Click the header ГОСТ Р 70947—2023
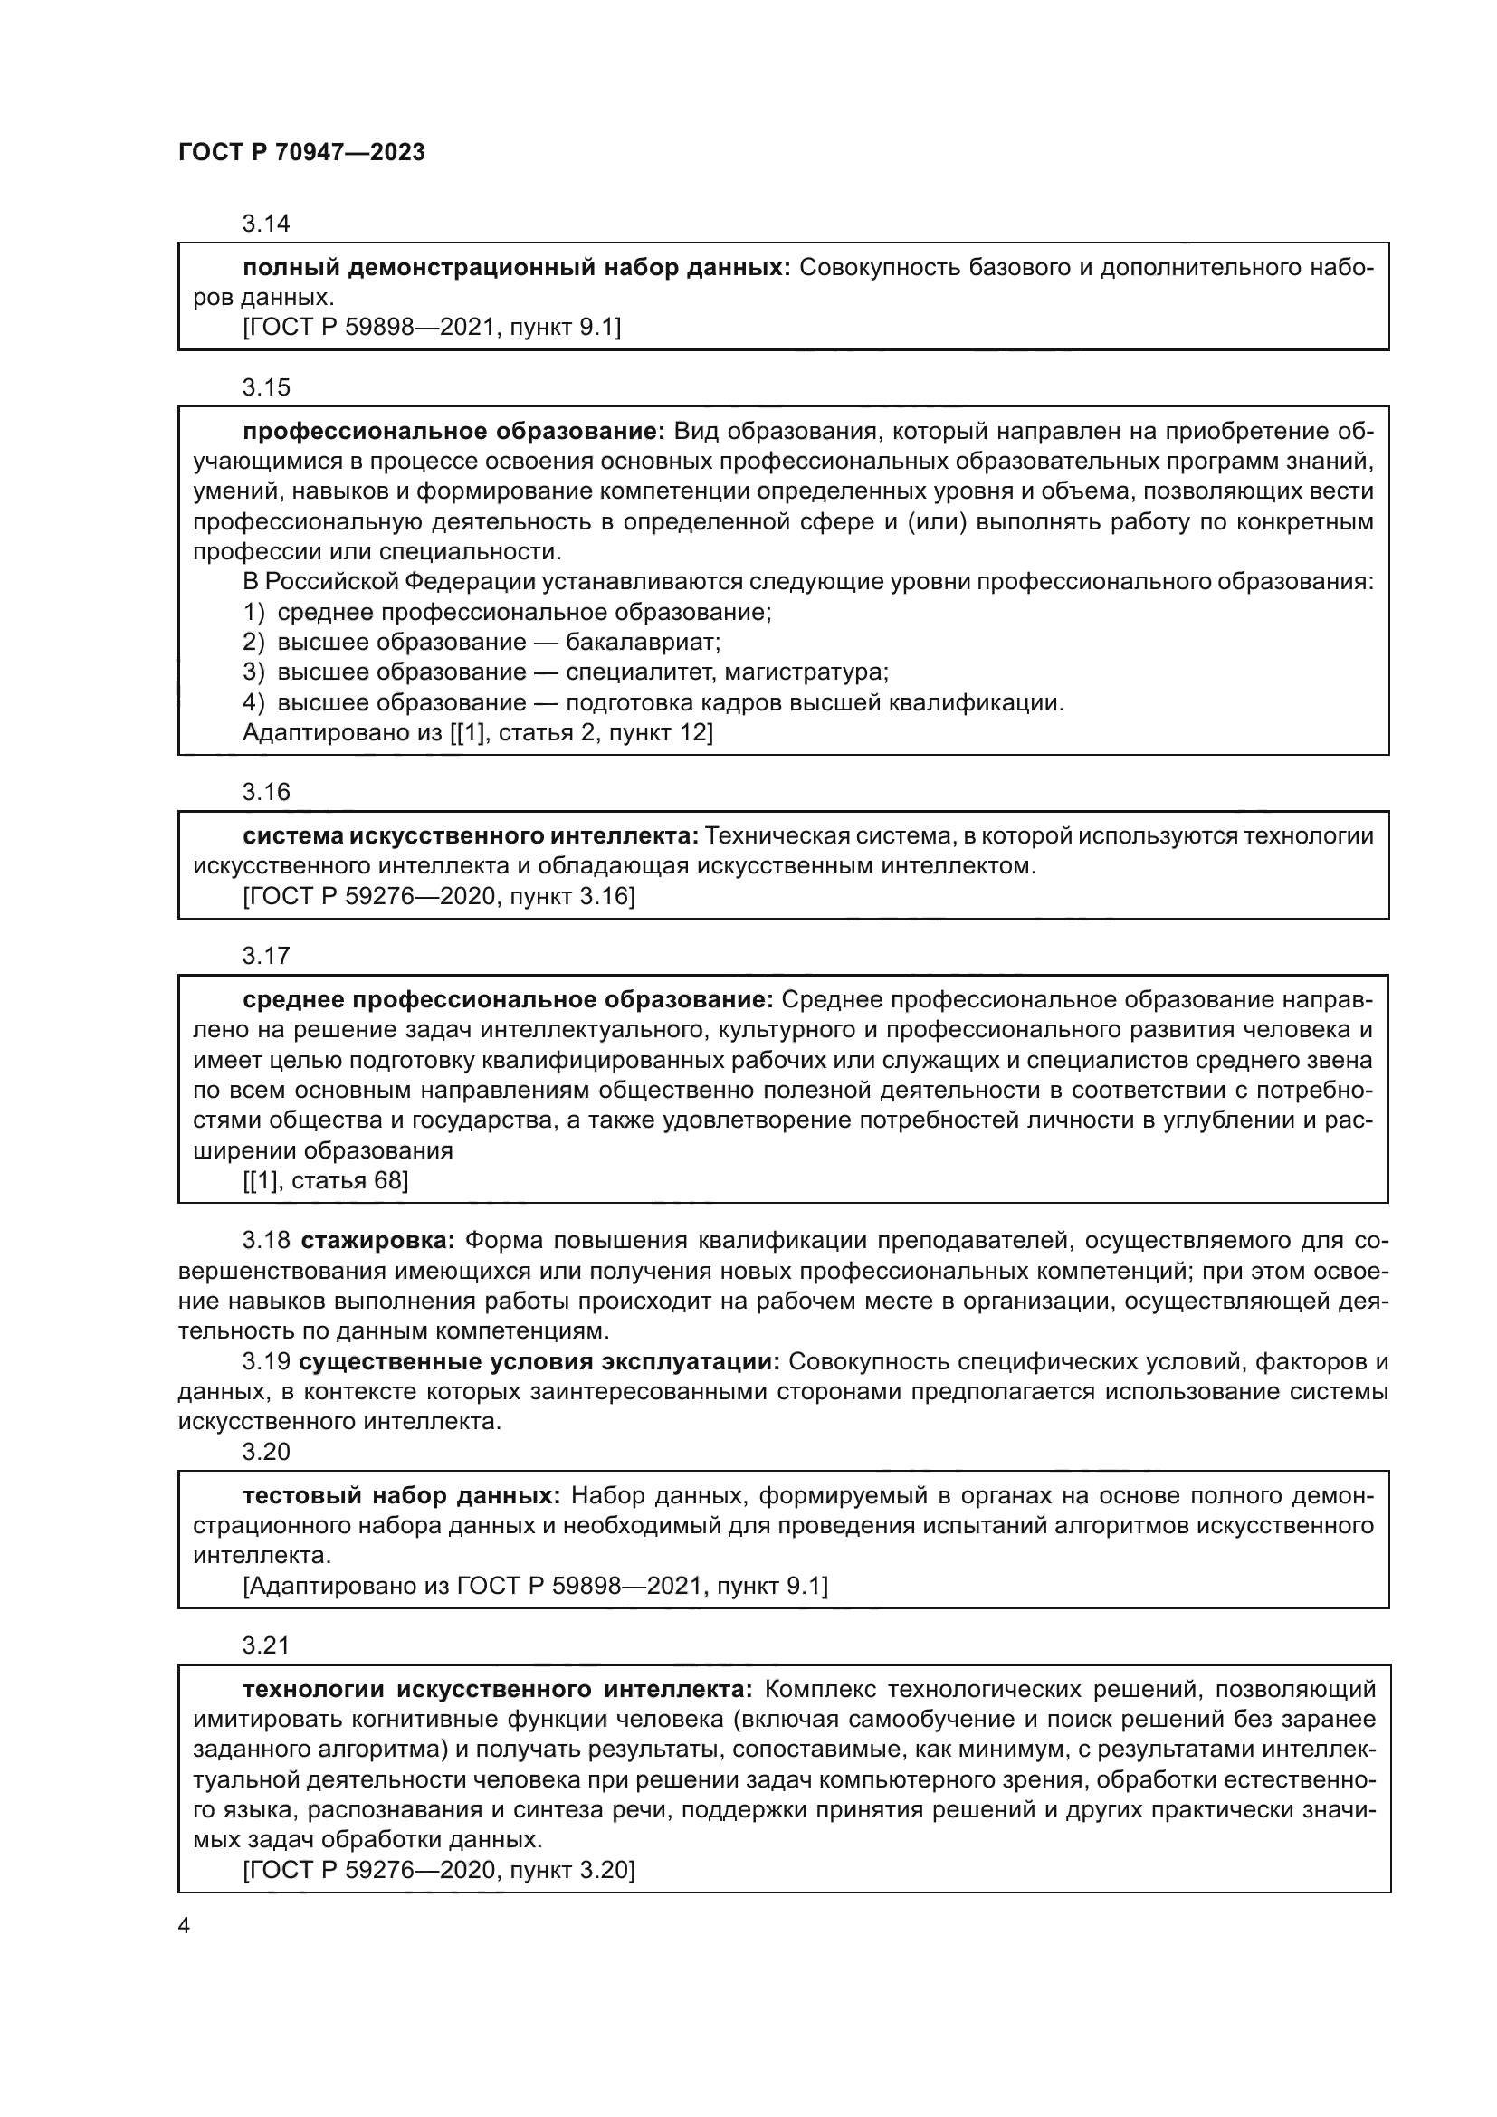point(301,152)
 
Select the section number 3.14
point(265,224)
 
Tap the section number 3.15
point(265,387)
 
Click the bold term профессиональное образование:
point(453,432)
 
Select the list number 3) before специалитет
point(253,672)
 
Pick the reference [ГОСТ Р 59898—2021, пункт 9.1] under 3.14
point(432,328)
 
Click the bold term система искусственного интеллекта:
point(471,836)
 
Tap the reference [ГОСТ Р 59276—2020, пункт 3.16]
point(439,896)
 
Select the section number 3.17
point(265,956)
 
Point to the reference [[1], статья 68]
point(326,1180)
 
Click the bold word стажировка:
point(378,1241)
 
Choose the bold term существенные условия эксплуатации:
point(540,1362)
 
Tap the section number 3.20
point(265,1452)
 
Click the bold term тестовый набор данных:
point(401,1495)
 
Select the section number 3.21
point(265,1645)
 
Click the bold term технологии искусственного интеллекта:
point(498,1689)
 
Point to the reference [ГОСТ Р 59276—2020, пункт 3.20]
point(439,1870)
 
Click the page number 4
point(185,1927)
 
